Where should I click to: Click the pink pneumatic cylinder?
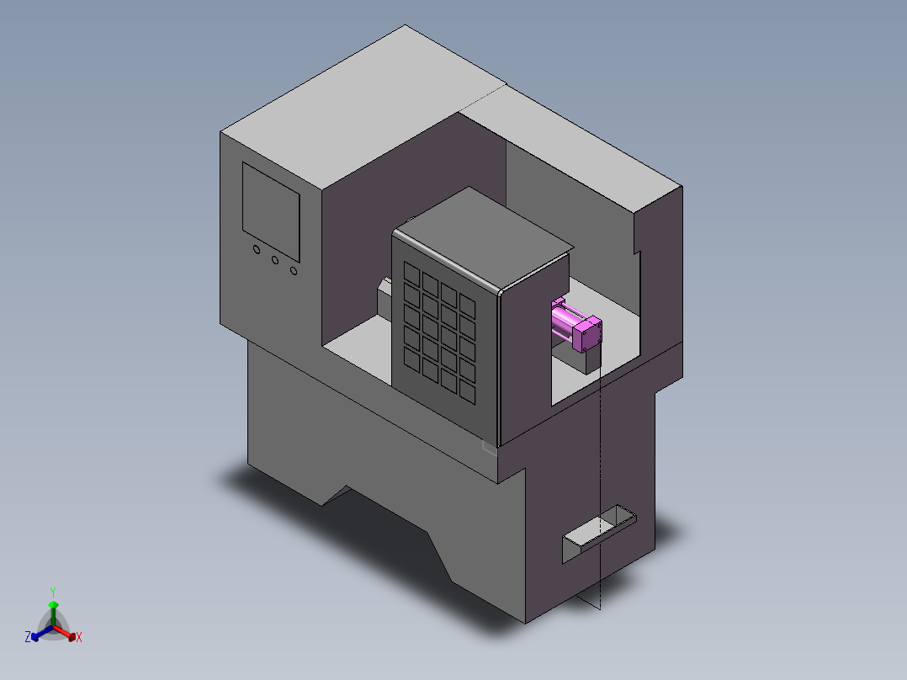576,323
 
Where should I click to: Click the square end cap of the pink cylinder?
587,334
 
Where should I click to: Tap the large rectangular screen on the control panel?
271,212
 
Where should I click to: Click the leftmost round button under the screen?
257,249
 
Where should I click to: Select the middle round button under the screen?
275,260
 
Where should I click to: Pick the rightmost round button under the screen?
294,270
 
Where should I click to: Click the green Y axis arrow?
53,614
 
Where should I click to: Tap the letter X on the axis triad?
79,637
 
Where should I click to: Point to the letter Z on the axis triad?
27,637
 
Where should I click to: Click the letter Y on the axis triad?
53,592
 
